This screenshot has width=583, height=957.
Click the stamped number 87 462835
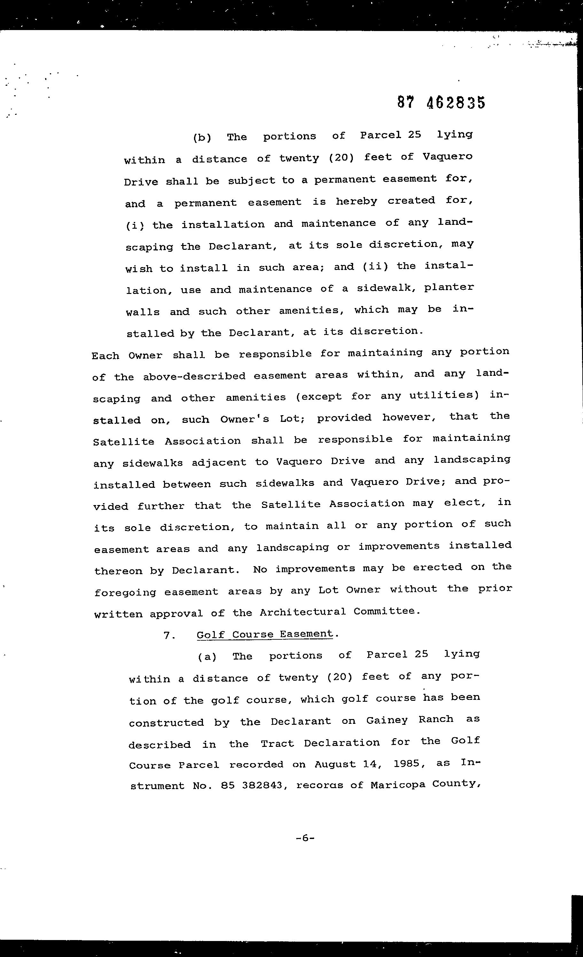click(x=441, y=103)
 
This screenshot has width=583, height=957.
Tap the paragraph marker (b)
click(x=202, y=138)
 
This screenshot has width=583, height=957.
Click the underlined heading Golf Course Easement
click(x=265, y=634)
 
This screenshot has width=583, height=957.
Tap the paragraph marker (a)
click(x=207, y=657)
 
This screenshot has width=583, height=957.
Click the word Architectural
click(x=302, y=612)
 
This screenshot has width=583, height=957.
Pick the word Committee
click(x=386, y=611)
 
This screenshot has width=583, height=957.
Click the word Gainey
click(x=387, y=720)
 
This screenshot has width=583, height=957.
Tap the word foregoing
click(x=125, y=593)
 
